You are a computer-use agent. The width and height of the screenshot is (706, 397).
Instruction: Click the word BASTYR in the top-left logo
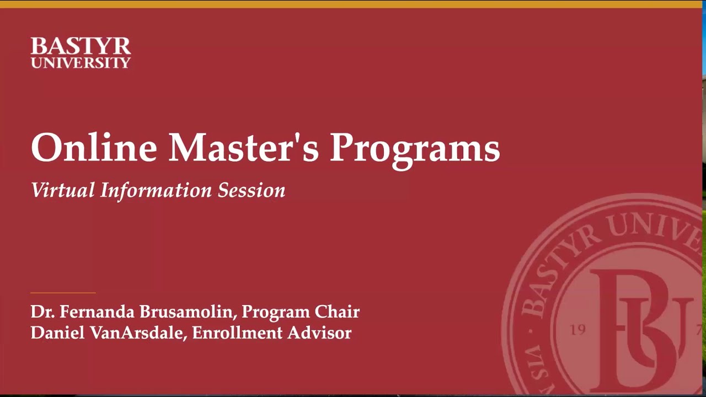pyautogui.click(x=81, y=46)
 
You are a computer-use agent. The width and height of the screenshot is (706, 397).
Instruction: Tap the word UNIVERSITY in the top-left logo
pyautogui.click(x=81, y=63)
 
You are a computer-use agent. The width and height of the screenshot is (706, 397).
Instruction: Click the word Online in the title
pyautogui.click(x=94, y=148)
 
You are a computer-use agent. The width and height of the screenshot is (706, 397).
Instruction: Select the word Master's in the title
pyautogui.click(x=243, y=148)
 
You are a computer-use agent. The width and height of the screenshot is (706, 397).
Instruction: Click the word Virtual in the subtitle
pyautogui.click(x=63, y=190)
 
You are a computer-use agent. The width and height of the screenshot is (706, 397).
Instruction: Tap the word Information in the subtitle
pyautogui.click(x=156, y=190)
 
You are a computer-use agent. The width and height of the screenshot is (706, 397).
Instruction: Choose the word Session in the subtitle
pyautogui.click(x=251, y=191)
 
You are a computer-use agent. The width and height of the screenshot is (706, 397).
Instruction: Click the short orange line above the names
pyautogui.click(x=63, y=293)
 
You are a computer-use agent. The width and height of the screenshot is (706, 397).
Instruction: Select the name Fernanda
pyautogui.click(x=97, y=312)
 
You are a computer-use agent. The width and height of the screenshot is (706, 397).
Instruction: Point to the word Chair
pyautogui.click(x=337, y=312)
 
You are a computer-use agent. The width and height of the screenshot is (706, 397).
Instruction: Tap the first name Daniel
pyautogui.click(x=50, y=333)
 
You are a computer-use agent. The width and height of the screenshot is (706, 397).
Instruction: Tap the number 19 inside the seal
pyautogui.click(x=577, y=330)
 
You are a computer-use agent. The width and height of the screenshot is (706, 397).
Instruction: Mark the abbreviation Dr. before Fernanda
pyautogui.click(x=42, y=312)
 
